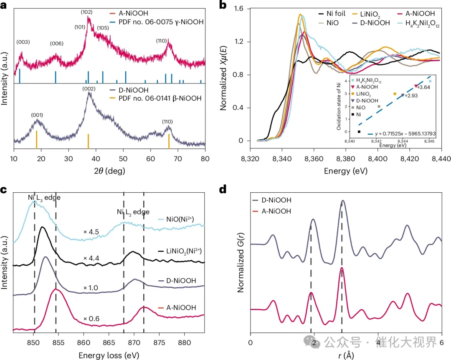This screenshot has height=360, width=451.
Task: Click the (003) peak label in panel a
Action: click(x=23, y=42)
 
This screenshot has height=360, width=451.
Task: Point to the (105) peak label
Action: click(x=104, y=28)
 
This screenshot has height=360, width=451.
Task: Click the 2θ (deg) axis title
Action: click(x=109, y=171)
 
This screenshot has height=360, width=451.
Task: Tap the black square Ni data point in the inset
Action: click(x=359, y=132)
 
